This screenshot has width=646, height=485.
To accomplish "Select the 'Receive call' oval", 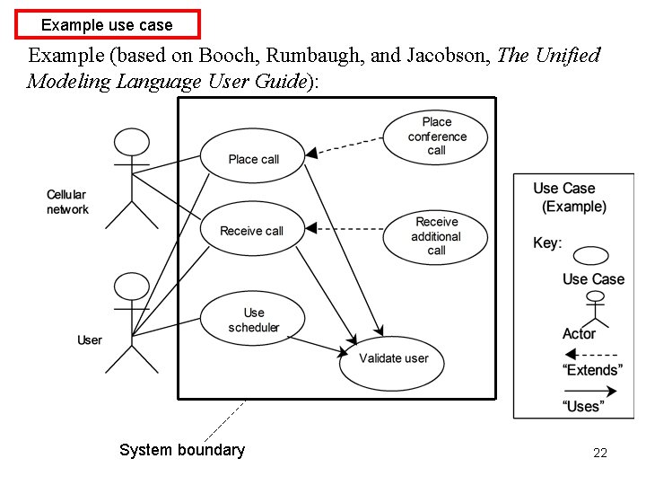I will tap(251, 231).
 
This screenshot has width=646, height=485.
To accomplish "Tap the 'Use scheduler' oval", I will tap(253, 320).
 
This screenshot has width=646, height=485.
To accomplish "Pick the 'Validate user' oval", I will tap(393, 358).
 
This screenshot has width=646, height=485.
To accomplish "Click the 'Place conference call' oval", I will tap(436, 137).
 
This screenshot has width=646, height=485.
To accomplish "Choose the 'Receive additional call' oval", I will tap(436, 236).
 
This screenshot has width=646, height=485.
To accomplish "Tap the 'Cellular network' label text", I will tap(67, 202).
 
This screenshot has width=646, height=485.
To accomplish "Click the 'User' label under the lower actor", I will tap(90, 339).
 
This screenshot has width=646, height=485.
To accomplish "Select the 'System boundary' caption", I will tap(181, 450).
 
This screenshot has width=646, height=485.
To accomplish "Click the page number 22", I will tap(600, 453).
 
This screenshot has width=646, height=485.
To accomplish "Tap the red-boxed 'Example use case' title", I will tap(107, 24).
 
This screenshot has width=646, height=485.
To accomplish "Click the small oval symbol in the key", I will tap(591, 255).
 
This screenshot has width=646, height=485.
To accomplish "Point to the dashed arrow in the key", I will tap(592, 353).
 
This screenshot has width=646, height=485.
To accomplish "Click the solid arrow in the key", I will tap(592, 391).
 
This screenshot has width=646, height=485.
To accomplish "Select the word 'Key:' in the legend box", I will tap(547, 242).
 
